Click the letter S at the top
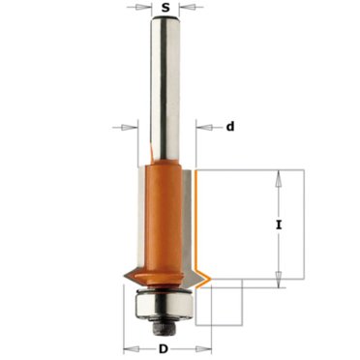(167, 9)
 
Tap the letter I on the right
(279, 225)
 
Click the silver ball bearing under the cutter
(164, 304)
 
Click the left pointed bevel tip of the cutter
(123, 281)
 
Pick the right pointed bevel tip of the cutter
(205, 281)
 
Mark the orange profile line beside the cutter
(198, 223)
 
